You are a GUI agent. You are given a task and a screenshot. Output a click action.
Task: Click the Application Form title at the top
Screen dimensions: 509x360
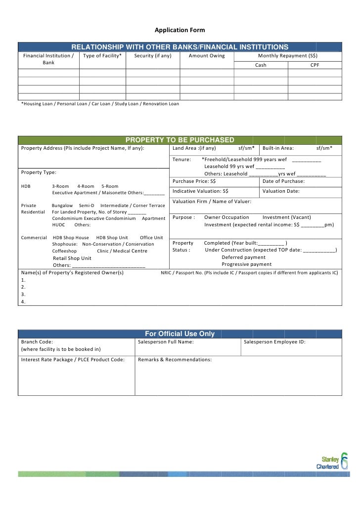click(180, 30)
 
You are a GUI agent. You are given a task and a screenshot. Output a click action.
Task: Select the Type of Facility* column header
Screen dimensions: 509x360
click(102, 56)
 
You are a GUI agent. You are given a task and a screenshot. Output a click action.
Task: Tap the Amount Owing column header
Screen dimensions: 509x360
click(207, 56)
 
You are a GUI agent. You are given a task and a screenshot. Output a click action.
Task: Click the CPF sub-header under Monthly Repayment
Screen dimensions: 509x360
click(315, 65)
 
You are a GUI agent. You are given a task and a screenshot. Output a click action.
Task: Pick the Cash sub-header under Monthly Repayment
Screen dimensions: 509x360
click(260, 65)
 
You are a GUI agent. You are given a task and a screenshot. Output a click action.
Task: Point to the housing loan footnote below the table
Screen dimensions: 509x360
click(100, 104)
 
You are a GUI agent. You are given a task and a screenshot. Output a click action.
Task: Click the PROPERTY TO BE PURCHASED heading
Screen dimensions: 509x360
click(180, 140)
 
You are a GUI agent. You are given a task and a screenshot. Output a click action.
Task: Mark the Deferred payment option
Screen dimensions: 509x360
click(243, 257)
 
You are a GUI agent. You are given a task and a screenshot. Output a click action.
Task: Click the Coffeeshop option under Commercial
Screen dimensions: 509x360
click(65, 251)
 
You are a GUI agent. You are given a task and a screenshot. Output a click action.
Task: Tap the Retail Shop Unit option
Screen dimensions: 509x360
click(72, 258)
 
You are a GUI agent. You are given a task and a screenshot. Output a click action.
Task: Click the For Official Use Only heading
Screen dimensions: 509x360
click(180, 334)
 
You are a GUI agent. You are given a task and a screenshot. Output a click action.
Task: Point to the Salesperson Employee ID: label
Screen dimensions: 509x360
click(275, 342)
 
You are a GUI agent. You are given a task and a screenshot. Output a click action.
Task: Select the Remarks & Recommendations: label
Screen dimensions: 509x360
click(175, 360)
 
